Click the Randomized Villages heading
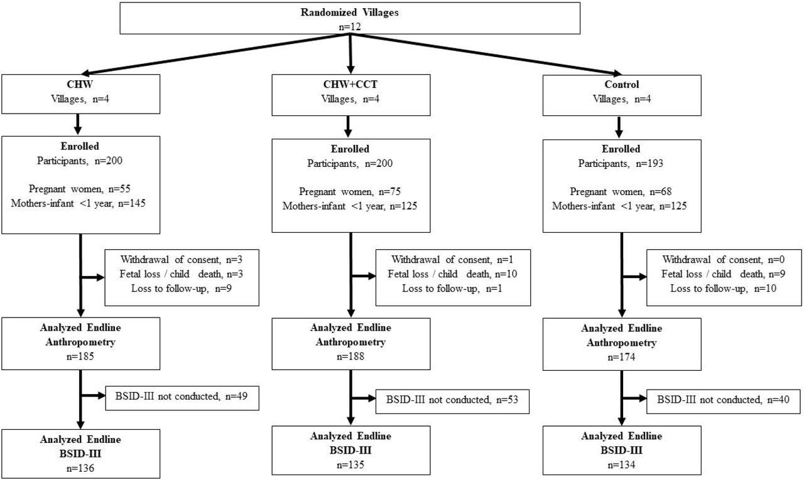click(x=350, y=13)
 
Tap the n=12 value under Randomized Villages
click(x=350, y=27)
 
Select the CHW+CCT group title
click(x=350, y=84)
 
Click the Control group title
click(x=622, y=84)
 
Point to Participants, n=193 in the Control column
click(x=621, y=164)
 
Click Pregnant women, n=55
click(x=80, y=189)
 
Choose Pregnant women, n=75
click(x=350, y=192)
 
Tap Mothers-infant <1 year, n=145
click(x=79, y=204)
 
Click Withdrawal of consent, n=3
click(x=182, y=260)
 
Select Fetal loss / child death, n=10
click(x=452, y=274)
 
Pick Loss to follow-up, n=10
click(x=723, y=289)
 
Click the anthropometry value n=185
click(x=80, y=356)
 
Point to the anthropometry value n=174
click(x=621, y=357)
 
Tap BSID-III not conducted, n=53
click(x=452, y=400)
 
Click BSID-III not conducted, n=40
click(x=723, y=400)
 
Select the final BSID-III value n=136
click(x=80, y=468)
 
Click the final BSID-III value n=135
click(x=350, y=465)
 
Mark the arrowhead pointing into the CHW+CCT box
click(x=350, y=70)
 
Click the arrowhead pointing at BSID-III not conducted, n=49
click(x=100, y=396)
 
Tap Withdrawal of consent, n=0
click(x=723, y=260)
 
